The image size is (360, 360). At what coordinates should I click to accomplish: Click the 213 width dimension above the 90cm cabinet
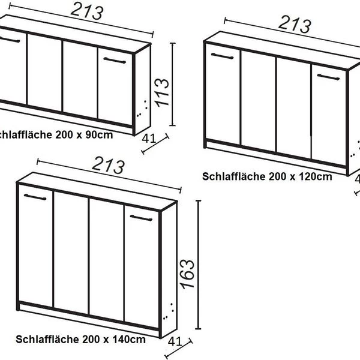87,10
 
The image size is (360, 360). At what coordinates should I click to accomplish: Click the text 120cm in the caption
316,176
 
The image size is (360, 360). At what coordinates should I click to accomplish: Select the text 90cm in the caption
100,134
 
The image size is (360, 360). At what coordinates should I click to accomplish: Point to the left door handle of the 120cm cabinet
223,56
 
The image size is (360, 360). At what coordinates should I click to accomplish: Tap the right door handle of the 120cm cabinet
329,77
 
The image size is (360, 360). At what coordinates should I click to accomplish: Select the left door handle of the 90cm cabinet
10,40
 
